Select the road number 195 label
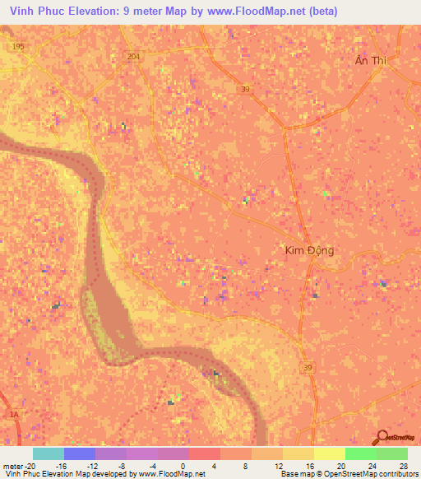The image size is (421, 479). pyautogui.click(x=19, y=47)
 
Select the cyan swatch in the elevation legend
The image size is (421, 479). pyautogui.click(x=49, y=453)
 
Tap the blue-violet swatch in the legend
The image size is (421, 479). pyautogui.click(x=80, y=453)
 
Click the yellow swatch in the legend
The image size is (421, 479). pyautogui.click(x=330, y=453)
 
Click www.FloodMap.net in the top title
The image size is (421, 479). pyautogui.click(x=256, y=12)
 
